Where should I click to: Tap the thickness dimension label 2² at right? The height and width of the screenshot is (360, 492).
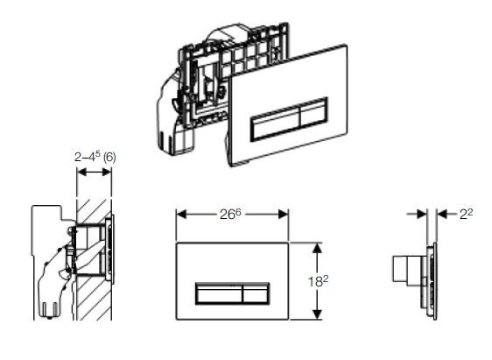pos(465,212)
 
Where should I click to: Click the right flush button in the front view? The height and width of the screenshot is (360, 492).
pos(252,293)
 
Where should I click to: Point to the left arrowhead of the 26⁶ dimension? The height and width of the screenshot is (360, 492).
pos(181,214)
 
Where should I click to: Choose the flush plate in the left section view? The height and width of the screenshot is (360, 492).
pos(111,255)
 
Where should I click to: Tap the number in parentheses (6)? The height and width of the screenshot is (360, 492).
pos(109,157)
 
